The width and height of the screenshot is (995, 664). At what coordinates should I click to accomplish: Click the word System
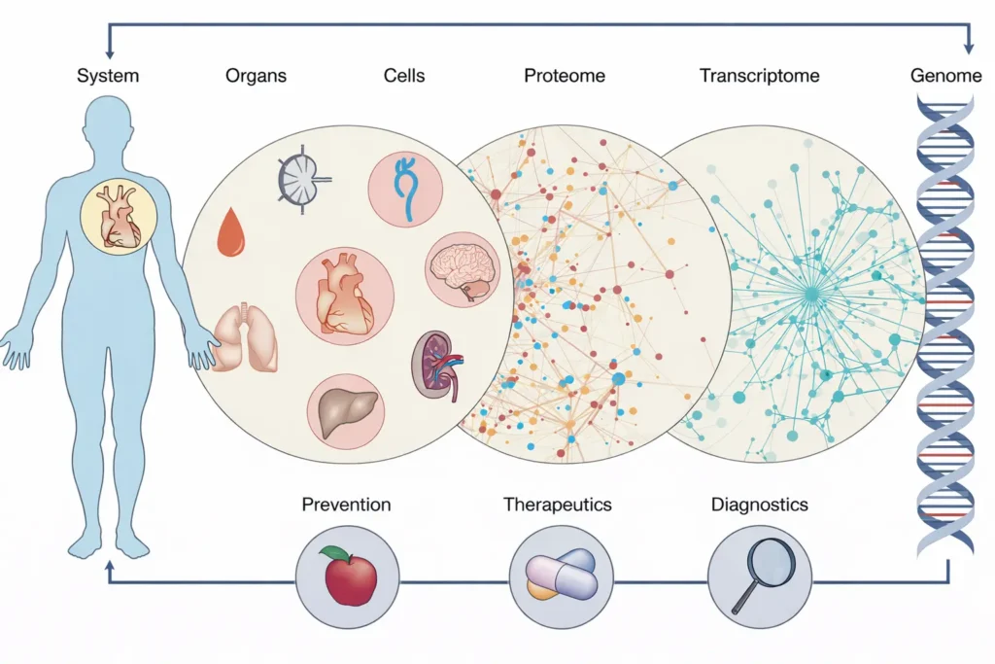pyautogui.click(x=109, y=76)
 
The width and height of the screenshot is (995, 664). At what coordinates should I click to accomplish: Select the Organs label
pyautogui.click(x=257, y=76)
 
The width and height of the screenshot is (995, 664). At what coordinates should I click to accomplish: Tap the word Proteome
pyautogui.click(x=566, y=76)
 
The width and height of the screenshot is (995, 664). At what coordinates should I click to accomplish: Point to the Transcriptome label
pyautogui.click(x=760, y=76)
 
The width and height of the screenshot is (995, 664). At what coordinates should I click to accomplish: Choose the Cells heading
pyautogui.click(x=404, y=76)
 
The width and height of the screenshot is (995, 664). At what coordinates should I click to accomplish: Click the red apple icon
pyautogui.click(x=349, y=575)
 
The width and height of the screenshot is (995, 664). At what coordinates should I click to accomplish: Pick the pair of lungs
pyautogui.click(x=246, y=337)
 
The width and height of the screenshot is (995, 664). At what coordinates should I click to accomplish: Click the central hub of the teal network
pyautogui.click(x=810, y=291)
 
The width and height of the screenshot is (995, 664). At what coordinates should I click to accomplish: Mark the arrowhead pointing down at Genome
pyautogui.click(x=968, y=49)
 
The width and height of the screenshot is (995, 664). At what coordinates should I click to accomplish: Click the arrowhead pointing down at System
pyautogui.click(x=109, y=49)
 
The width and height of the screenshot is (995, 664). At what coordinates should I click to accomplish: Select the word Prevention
pyautogui.click(x=346, y=505)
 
